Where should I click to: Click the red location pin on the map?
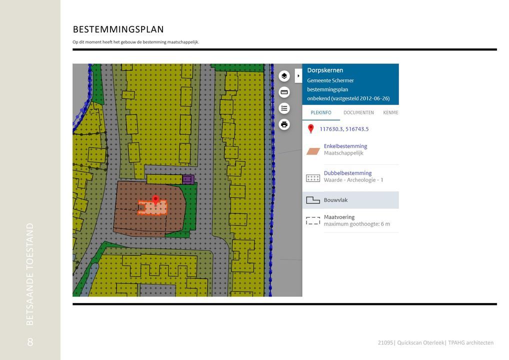tap(155, 200)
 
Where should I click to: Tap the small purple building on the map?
tap(187, 179)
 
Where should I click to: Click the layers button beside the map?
tap(284, 76)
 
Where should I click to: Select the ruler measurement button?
tap(284, 92)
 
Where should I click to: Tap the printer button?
tap(284, 124)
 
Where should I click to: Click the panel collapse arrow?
tap(298, 76)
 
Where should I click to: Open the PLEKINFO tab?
tap(321, 113)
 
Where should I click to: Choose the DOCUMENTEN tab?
tap(358, 113)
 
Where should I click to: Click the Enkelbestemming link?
tap(345, 146)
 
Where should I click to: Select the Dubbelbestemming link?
tap(347, 173)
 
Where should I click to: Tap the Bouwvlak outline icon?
tap(313, 200)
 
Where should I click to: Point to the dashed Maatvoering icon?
tap(313, 220)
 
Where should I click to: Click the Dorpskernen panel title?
tap(325, 70)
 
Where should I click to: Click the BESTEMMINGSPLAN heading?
tap(118, 29)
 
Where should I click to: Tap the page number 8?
tap(30, 342)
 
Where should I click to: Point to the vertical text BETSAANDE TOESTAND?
tap(30, 274)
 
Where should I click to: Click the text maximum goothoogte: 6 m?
tap(356, 224)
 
